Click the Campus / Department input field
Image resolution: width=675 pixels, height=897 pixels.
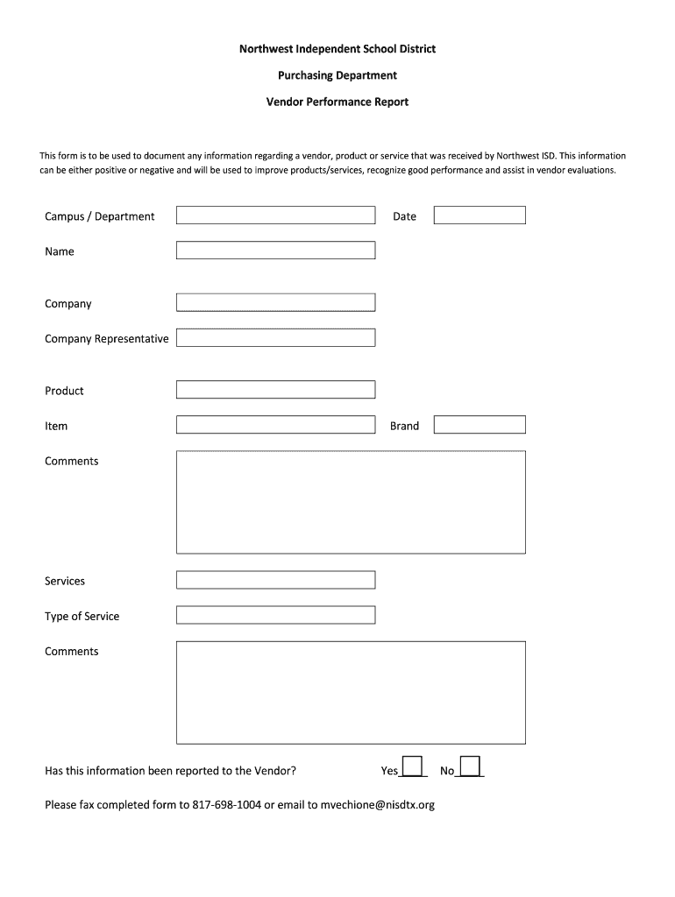tap(275, 215)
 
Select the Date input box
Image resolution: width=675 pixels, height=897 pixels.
tap(480, 215)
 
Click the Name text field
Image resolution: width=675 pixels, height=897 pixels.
tap(275, 251)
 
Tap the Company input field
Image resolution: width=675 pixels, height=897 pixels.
tap(275, 303)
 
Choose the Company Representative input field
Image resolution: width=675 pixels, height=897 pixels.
tap(275, 338)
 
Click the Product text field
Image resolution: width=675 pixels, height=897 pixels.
tap(275, 390)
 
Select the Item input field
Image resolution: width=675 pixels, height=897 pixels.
tap(275, 425)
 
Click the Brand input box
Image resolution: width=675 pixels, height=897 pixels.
tap(480, 425)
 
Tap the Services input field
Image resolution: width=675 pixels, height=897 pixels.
tap(275, 580)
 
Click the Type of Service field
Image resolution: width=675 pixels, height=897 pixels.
tap(275, 615)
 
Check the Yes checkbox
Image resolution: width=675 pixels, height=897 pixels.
tap(412, 766)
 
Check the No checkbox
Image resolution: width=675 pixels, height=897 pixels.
tap(470, 766)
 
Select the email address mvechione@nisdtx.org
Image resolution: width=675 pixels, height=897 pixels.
tap(377, 805)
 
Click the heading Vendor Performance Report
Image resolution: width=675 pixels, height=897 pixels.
tap(337, 102)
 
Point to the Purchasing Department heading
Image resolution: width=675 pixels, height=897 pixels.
tap(337, 75)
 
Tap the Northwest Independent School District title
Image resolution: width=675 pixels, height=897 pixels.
tap(337, 49)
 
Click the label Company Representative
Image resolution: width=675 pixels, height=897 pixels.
tap(107, 339)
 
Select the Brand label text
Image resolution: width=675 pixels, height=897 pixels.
tap(404, 426)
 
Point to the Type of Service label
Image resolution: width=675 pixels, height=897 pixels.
tap(82, 616)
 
